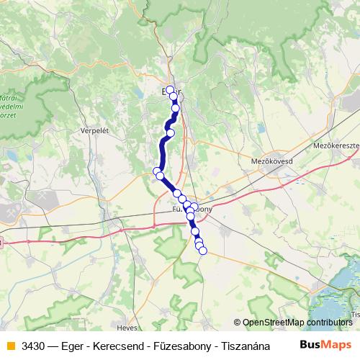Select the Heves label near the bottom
click(x=127, y=327)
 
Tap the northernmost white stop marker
click(x=170, y=90)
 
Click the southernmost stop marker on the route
click(x=203, y=251)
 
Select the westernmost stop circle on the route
click(x=157, y=171)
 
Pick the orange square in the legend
click(x=9, y=344)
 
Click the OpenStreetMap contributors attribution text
click(x=297, y=323)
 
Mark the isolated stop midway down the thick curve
click(x=171, y=132)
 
